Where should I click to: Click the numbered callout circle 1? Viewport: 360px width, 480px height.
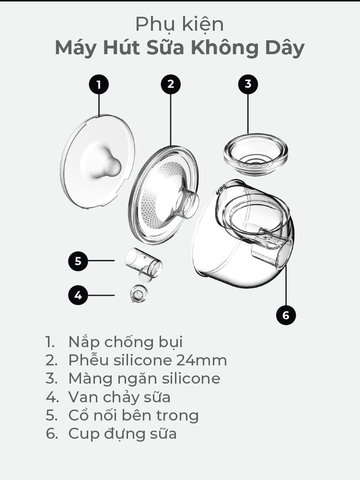(x=99, y=85)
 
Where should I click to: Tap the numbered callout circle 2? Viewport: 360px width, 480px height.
(x=170, y=85)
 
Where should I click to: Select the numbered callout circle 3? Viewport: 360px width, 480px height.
(x=248, y=84)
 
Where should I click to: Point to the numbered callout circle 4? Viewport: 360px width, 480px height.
(x=78, y=295)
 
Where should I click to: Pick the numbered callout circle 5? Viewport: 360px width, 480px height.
(x=78, y=262)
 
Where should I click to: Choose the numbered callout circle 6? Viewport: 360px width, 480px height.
(x=286, y=315)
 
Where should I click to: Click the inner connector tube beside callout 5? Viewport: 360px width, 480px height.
(x=143, y=263)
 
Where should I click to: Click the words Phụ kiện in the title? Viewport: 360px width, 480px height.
(x=179, y=24)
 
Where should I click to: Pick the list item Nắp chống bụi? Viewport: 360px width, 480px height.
(x=125, y=342)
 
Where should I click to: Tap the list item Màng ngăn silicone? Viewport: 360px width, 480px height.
(x=144, y=378)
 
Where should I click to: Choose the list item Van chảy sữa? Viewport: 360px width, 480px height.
(x=119, y=397)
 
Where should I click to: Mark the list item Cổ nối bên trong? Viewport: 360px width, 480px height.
(x=133, y=415)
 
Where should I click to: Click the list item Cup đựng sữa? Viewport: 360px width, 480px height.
(x=122, y=434)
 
